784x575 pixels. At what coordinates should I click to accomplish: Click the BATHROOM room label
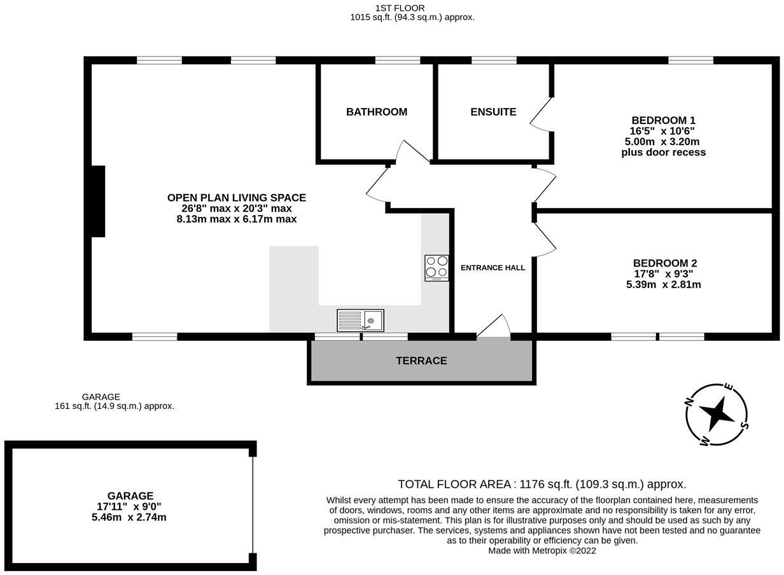coord(376,112)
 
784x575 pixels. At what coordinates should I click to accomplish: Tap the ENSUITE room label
coord(493,112)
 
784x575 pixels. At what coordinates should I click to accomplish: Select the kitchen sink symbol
coord(360,320)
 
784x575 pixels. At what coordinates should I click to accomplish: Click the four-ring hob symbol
coord(437,268)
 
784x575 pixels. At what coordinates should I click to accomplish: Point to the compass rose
coord(718,415)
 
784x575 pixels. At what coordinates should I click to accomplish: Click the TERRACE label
coord(421,361)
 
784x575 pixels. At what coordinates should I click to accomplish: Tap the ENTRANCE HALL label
coord(493,268)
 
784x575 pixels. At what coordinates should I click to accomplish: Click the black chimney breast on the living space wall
coord(98,201)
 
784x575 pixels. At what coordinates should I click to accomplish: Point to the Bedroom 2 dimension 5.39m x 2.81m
coord(663,284)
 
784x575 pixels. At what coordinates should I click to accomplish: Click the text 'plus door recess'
coord(663,153)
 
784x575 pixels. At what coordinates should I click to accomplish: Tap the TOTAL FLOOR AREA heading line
coord(542,485)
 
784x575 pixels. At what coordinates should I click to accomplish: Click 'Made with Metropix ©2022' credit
coord(542,551)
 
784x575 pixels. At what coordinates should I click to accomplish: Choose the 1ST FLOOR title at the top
coord(400,8)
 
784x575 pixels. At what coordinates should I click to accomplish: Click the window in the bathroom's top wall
coord(397,60)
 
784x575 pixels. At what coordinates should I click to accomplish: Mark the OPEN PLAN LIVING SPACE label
coord(236,198)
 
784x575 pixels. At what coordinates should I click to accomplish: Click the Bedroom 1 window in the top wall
coord(690,60)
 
